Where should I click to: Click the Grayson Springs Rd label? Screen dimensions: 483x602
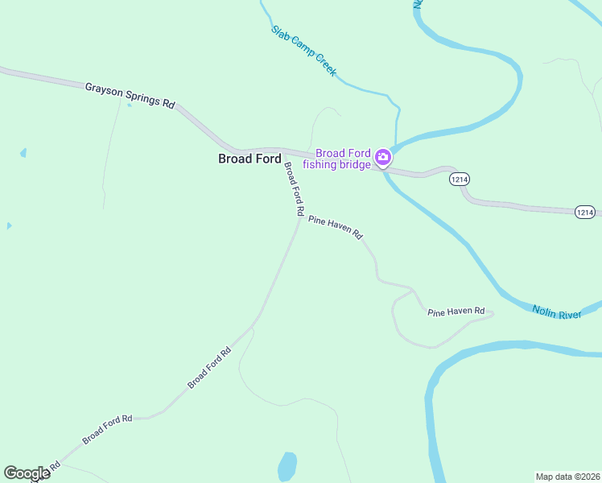click(x=130, y=93)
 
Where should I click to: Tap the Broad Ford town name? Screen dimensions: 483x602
click(x=249, y=159)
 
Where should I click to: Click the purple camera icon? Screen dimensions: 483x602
click(x=384, y=158)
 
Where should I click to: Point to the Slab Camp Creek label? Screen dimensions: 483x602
click(x=303, y=50)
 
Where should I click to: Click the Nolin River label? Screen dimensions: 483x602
click(x=556, y=310)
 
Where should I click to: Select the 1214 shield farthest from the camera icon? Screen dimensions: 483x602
click(x=585, y=213)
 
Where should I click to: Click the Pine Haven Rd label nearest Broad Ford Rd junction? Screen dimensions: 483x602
click(x=336, y=228)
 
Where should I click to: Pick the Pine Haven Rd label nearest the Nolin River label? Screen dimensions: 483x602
click(x=456, y=311)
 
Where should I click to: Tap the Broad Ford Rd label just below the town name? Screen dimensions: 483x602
click(x=293, y=188)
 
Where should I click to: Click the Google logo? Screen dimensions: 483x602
click(x=27, y=473)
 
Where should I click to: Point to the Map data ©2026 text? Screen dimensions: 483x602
click(x=567, y=476)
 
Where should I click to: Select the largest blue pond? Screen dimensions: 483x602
click(x=287, y=466)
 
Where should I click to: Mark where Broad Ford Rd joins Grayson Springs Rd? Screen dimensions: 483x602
click(x=283, y=151)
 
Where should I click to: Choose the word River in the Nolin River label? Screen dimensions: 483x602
click(x=567, y=312)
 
